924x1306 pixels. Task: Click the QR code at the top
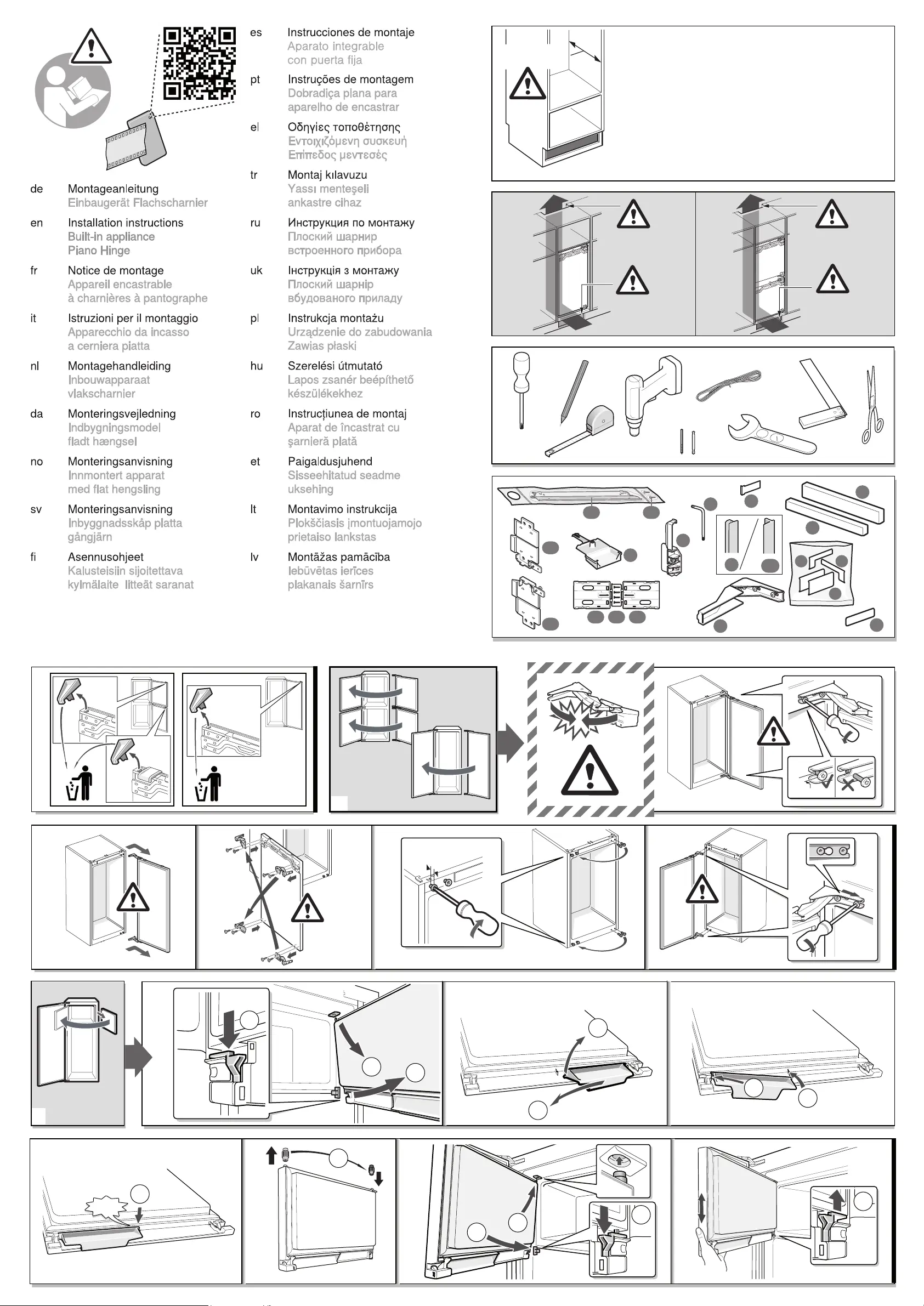click(x=199, y=63)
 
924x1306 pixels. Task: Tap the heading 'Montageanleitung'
click(x=112, y=189)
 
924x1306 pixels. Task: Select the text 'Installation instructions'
click(x=125, y=223)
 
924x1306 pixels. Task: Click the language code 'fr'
click(x=33, y=271)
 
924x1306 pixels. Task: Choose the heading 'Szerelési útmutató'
click(x=335, y=366)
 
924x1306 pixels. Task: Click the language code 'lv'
click(x=254, y=558)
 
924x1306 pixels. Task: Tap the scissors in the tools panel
click(x=872, y=405)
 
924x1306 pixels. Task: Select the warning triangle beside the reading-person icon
click(x=91, y=47)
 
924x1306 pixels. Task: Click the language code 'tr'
click(x=254, y=175)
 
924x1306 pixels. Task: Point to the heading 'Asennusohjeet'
click(x=105, y=558)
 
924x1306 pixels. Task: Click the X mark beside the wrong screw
click(x=848, y=786)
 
